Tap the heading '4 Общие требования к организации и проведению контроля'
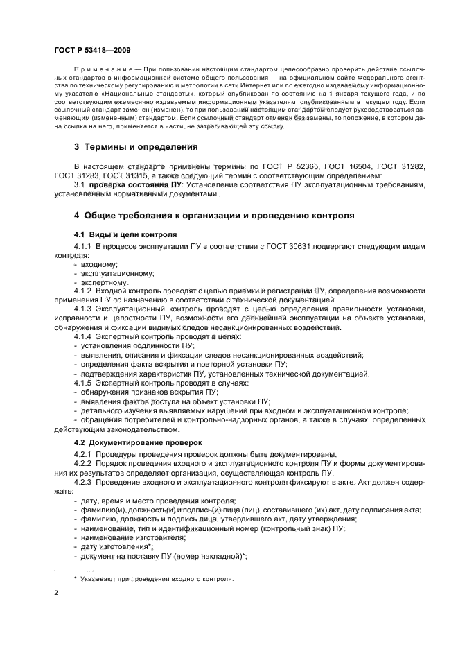click(x=214, y=216)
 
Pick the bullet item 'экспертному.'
click(x=105, y=282)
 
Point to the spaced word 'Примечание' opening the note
click(x=101, y=71)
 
